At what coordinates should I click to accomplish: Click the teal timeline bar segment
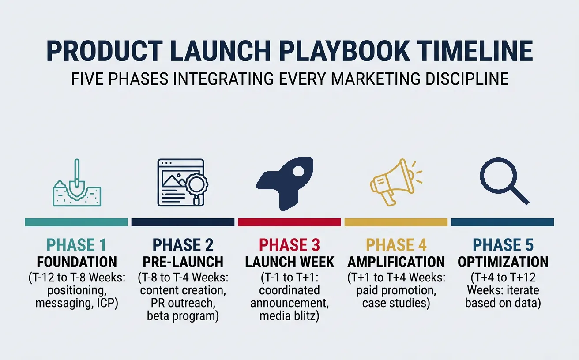[x=76, y=222]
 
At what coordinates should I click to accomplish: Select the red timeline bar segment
[x=289, y=222]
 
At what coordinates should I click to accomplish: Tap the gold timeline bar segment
[x=396, y=222]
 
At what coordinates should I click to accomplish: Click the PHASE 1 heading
[x=77, y=245]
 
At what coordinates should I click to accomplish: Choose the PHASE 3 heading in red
[x=289, y=245]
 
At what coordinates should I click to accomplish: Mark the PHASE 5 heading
[x=503, y=245]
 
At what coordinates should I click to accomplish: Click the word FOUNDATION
[x=77, y=262]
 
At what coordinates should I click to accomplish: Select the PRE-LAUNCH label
[x=183, y=262]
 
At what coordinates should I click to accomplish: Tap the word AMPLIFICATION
[x=396, y=262]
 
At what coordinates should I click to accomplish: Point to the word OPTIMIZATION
[x=503, y=262]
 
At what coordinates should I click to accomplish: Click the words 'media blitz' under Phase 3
[x=289, y=316]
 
